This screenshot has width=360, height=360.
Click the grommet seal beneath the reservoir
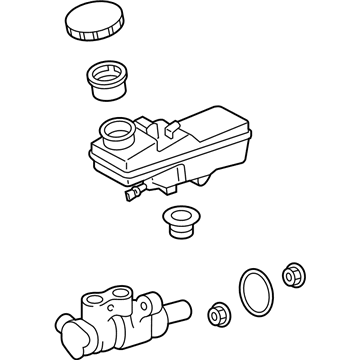181,222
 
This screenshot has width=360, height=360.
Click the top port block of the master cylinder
100,302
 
